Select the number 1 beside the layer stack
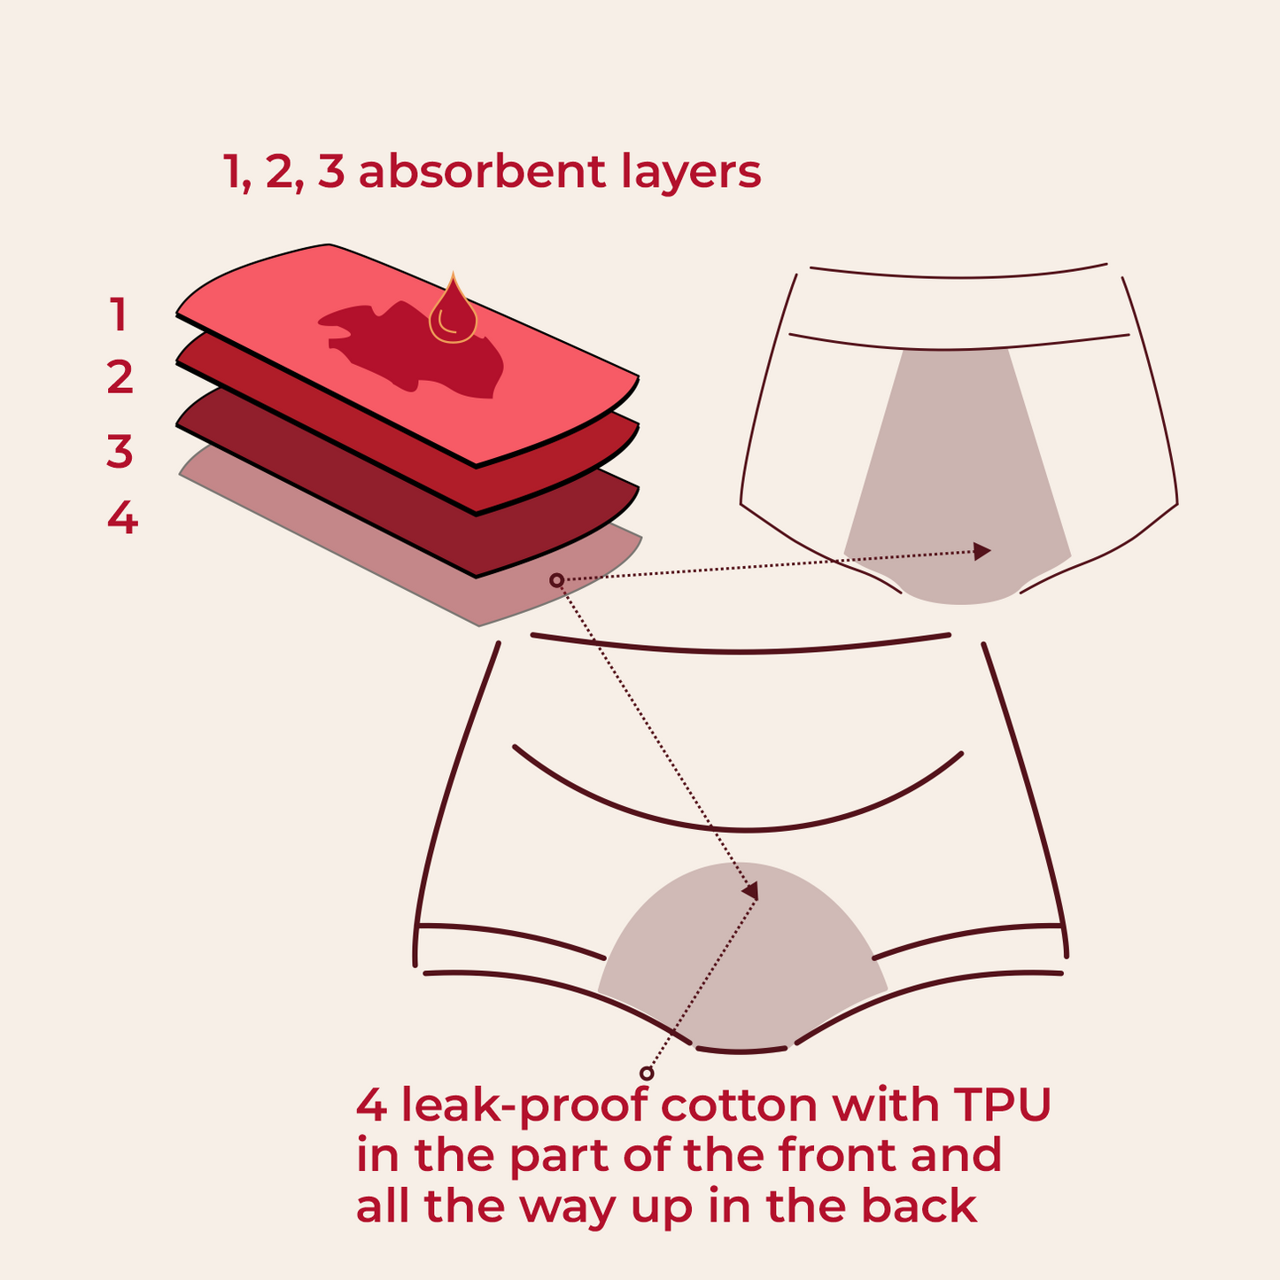[x=119, y=315]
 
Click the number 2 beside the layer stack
[x=120, y=378]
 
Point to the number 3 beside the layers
[x=120, y=451]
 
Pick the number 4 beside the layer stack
[x=122, y=518]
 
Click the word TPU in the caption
[x=1002, y=1105]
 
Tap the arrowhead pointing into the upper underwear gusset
[x=981, y=551]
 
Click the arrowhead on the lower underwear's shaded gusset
[x=750, y=890]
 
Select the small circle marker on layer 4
[x=556, y=580]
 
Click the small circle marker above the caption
[x=647, y=1074]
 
